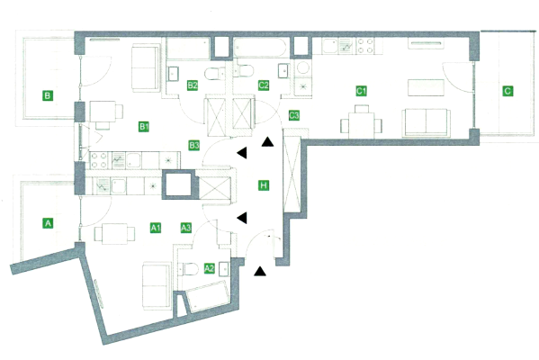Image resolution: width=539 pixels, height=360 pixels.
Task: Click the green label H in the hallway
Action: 264,185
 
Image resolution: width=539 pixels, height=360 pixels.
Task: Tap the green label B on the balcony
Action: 48,95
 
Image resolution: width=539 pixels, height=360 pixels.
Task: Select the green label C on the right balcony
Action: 508,91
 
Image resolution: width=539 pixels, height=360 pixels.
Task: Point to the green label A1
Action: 156,228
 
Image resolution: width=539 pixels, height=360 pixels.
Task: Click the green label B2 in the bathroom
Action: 193,85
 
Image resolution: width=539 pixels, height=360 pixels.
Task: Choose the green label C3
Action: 294,115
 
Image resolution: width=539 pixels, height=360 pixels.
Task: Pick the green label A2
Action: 210,268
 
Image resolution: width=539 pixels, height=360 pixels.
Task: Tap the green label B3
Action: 194,145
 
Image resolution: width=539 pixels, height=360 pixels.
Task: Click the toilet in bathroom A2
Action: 188,269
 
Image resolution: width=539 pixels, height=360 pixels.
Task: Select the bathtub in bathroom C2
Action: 260,48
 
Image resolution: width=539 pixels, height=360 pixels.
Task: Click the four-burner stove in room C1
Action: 364,46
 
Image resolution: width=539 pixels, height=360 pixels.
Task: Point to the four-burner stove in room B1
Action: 99,160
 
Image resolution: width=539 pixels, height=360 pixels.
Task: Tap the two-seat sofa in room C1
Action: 427,122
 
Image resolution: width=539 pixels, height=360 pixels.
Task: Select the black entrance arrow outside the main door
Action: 260,271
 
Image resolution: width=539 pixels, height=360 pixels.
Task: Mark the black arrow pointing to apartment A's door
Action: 242,218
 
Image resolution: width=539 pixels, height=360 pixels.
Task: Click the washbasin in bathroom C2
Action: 283,71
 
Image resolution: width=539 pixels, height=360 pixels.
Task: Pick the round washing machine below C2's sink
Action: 303,67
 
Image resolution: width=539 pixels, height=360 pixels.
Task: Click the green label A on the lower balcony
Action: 48,223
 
